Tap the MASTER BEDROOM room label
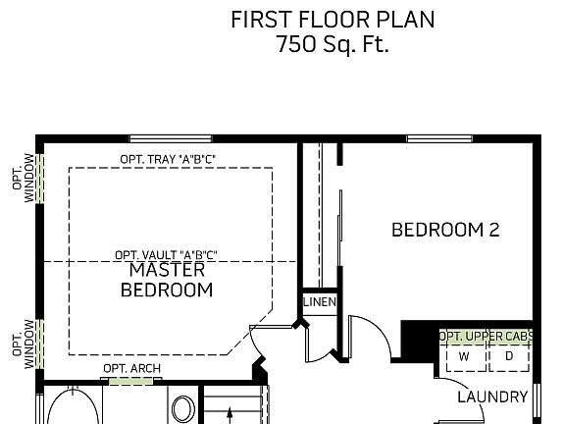(166, 280)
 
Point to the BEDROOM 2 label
(445, 231)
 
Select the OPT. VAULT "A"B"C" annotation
(166, 254)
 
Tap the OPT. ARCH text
(131, 369)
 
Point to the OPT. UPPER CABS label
(487, 337)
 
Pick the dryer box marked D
(509, 356)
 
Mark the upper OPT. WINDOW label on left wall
(28, 177)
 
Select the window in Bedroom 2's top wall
(436, 138)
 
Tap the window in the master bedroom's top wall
(158, 138)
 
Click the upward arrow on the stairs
(229, 416)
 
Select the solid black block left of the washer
(419, 342)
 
